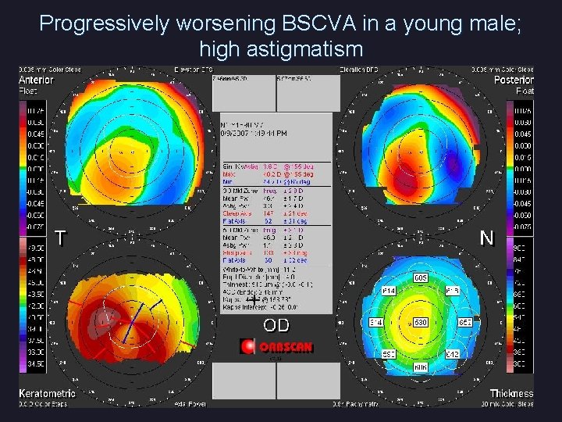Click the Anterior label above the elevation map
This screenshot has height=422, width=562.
click(x=36, y=80)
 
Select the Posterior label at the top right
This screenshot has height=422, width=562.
click(x=514, y=80)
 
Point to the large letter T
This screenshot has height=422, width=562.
click(x=60, y=238)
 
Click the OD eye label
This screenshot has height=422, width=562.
click(x=276, y=324)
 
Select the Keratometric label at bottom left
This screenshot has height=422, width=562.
click(x=47, y=393)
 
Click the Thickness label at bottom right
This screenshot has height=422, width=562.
click(x=511, y=393)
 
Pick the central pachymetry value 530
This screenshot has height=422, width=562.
click(x=421, y=322)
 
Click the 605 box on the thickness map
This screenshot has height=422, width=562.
click(x=421, y=277)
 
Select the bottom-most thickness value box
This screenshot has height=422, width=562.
click(x=421, y=367)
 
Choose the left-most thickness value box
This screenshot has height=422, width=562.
click(x=375, y=322)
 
